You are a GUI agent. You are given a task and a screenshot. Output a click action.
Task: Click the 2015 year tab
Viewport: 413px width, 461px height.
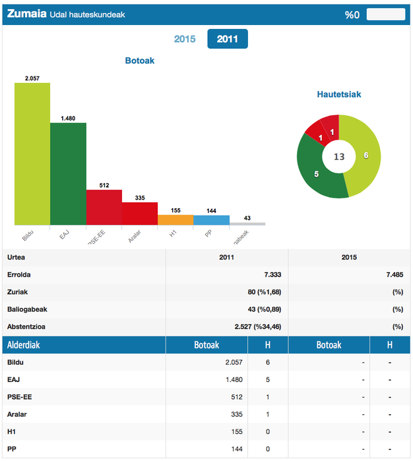185,39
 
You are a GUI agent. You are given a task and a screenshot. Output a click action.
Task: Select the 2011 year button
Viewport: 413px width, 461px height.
228,39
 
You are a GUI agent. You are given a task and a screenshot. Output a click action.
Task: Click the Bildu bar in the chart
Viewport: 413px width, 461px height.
32,154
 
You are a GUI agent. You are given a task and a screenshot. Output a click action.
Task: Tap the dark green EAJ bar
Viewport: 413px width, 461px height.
68,174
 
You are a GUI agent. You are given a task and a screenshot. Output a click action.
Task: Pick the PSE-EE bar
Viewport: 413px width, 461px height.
104,207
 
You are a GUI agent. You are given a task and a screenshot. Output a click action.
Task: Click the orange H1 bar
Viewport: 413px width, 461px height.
175,220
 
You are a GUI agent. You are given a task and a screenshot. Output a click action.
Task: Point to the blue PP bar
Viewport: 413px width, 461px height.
212,220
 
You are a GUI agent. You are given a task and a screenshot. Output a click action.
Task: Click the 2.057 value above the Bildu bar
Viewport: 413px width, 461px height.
32,78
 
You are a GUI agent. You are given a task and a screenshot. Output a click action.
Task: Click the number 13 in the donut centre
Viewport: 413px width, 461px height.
339,157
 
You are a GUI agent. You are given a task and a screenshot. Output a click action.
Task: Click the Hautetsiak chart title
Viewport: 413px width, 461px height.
339,94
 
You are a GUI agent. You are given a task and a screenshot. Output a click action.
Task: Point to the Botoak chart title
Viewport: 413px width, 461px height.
140,61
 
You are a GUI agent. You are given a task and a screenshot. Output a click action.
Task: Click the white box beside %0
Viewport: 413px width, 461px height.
385,14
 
